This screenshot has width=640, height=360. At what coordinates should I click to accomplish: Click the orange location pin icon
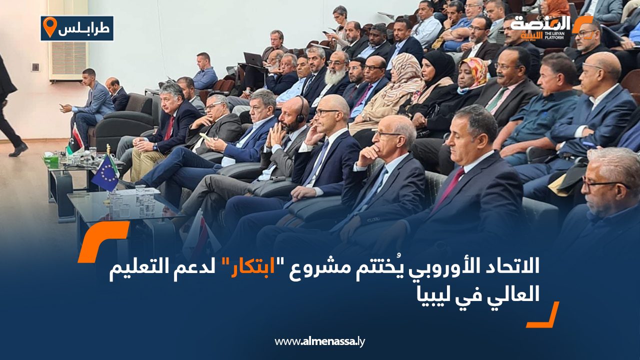pos(50,27)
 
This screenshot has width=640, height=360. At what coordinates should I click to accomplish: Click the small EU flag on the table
pos(105,173)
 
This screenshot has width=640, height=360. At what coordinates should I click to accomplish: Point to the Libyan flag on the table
pos(75,140)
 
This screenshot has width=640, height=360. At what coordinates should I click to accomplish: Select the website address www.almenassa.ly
pos(319,341)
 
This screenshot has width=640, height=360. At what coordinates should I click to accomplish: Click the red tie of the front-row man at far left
pos(169,128)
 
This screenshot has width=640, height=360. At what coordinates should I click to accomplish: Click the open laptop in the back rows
pos(253,59)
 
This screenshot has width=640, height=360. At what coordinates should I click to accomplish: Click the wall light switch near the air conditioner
pos(35,67)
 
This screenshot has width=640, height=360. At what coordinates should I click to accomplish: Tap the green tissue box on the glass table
pos(51,160)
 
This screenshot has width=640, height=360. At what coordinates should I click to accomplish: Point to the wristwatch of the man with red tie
pos(155,147)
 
